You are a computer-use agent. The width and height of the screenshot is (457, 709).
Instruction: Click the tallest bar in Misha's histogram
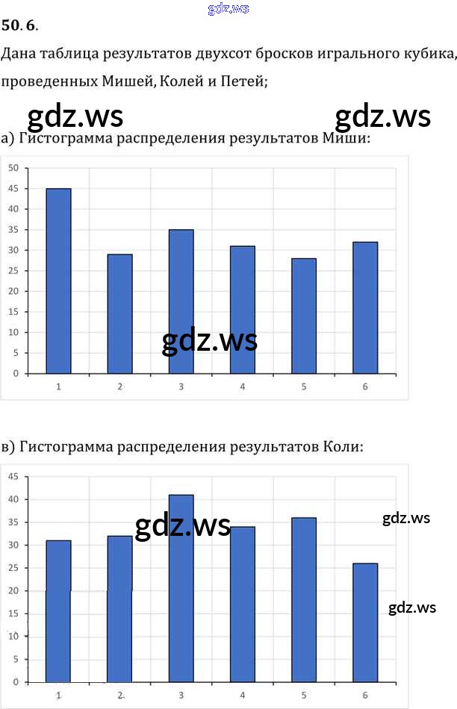pyautogui.click(x=58, y=281)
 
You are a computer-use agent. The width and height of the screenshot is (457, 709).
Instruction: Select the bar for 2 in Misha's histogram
pyautogui.click(x=119, y=313)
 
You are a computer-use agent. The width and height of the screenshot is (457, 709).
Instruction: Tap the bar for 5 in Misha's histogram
pyautogui.click(x=304, y=316)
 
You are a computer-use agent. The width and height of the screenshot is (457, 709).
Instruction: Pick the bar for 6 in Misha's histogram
pyautogui.click(x=365, y=307)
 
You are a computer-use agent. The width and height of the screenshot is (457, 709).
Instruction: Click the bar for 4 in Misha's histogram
pyautogui.click(x=242, y=310)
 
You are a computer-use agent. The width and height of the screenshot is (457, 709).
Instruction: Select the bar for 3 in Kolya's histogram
pyautogui.click(x=181, y=588)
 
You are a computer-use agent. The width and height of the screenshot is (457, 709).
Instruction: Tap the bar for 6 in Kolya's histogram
pyautogui.click(x=365, y=622)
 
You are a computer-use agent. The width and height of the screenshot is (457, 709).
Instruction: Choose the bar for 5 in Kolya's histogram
pyautogui.click(x=304, y=599)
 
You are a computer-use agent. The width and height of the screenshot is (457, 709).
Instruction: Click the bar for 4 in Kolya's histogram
pyautogui.click(x=242, y=604)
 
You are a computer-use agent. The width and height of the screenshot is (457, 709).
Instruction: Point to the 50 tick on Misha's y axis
pyautogui.click(x=13, y=168)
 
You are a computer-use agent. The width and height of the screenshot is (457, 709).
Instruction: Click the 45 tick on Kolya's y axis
pyautogui.click(x=13, y=476)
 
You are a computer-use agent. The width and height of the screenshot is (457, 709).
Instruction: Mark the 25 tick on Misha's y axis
pyautogui.click(x=13, y=270)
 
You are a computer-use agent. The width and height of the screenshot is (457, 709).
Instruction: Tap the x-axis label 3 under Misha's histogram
pyautogui.click(x=181, y=386)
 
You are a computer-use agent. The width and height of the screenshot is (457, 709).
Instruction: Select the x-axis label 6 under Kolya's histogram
pyautogui.click(x=365, y=695)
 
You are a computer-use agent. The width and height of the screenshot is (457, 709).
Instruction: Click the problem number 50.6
pyautogui.click(x=18, y=26)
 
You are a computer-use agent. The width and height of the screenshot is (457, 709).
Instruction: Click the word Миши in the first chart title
pyautogui.click(x=347, y=139)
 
